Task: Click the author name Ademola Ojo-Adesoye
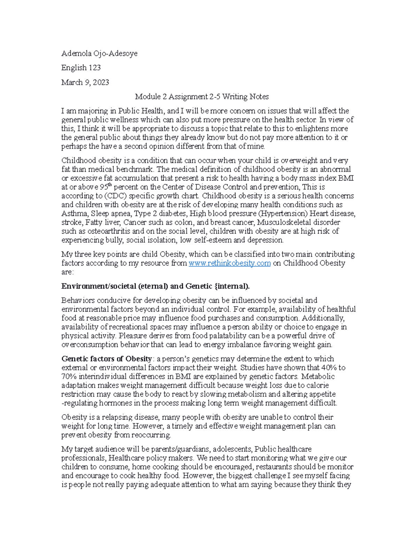coord(99,53)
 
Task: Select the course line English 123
coord(81,67)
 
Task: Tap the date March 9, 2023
coord(85,82)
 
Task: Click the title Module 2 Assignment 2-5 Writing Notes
coord(202,96)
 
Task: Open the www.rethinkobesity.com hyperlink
coord(230,263)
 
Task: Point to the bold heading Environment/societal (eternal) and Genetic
coord(155,286)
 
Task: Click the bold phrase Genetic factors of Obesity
coord(107,359)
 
